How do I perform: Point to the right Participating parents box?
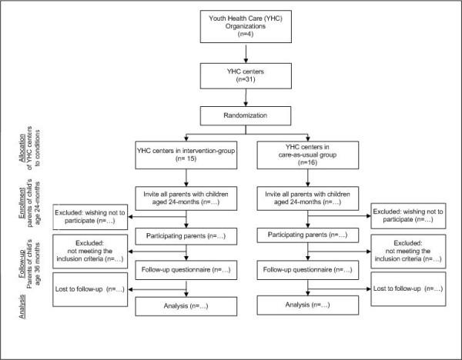[309, 234]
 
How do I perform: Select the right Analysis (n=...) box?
[309, 306]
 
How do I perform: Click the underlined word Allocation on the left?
[18, 160]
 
